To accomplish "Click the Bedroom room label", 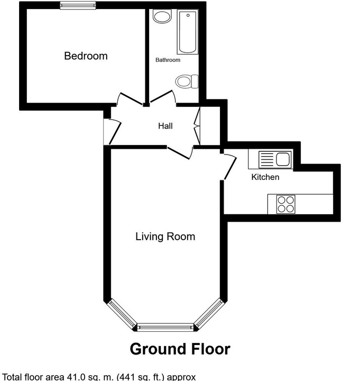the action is coord(86,56).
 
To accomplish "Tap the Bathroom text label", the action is coord(168,60).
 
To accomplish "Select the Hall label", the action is coord(165,126).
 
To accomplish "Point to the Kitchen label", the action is coord(265,177).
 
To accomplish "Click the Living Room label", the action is coord(165,237).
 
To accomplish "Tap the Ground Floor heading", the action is coord(180,349).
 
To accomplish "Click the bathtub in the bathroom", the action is coord(188,32).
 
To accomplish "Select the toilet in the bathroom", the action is coord(187,81).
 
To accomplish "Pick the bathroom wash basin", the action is coord(162,16).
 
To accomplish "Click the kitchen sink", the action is coord(275,159).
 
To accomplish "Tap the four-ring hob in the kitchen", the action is coord(286,204).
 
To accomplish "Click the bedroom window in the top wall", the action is coord(78,5).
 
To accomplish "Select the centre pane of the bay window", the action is coord(165,328).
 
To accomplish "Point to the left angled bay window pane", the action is coord(122,313).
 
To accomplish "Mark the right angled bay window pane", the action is coord(209,313).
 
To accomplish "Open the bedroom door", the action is coord(130,99).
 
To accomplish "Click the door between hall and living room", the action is coord(180,152).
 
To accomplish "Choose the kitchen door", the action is coord(229,167).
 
